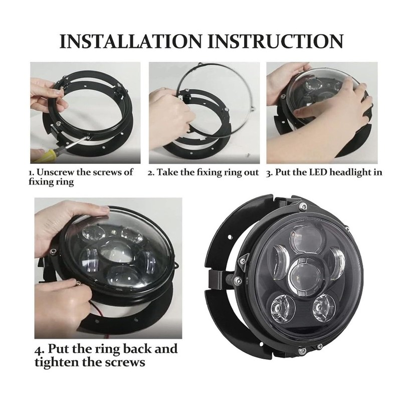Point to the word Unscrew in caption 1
click(x=56, y=172)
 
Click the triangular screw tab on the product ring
click(x=243, y=258)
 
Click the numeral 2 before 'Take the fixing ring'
click(x=150, y=172)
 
